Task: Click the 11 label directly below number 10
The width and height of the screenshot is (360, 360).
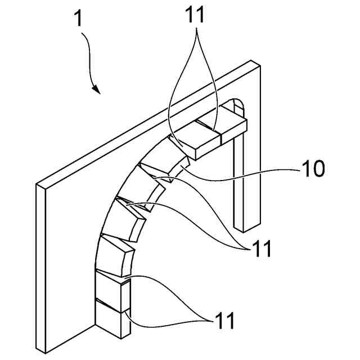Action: click(260, 248)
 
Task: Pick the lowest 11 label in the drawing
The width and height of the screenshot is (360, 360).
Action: click(222, 322)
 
